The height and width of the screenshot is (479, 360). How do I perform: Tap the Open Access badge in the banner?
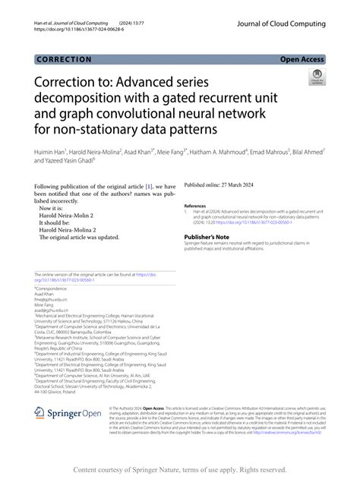point(302,58)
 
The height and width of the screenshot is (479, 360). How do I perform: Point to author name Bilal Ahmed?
point(308,152)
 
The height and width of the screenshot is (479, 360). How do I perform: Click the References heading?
point(194,206)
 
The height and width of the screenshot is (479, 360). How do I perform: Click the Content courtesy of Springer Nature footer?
point(179,470)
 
